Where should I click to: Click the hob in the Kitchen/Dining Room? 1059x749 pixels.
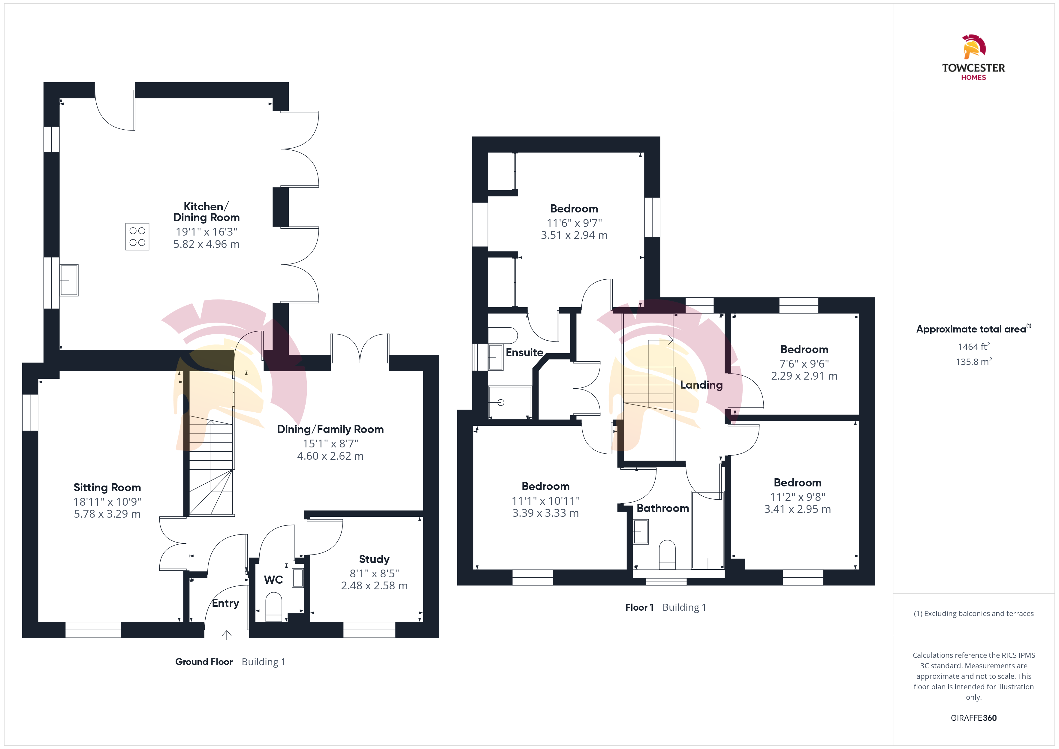[137, 236]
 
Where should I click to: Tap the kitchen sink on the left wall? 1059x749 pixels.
[69, 280]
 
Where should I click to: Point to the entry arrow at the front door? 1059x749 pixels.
[226, 635]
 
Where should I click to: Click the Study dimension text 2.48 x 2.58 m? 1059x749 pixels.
[374, 586]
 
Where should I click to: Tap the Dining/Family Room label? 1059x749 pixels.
[330, 429]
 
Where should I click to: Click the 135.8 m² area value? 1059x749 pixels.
[974, 362]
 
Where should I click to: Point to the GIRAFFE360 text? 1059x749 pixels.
[974, 718]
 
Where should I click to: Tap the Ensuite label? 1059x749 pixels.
[524, 352]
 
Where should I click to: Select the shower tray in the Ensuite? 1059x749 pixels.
[510, 402]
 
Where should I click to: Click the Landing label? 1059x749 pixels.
[701, 385]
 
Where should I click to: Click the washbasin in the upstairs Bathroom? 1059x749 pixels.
[641, 532]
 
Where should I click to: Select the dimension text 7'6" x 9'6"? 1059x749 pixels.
[804, 364]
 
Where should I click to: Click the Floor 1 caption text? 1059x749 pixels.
[639, 607]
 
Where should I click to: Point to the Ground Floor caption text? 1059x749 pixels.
[204, 662]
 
